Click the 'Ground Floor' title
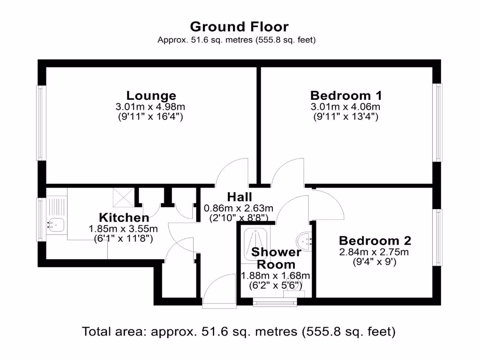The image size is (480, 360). click(239, 26)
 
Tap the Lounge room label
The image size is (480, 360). click(151, 96)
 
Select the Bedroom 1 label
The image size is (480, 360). click(346, 96)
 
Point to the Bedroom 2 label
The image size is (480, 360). click(375, 241)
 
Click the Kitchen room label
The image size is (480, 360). click(124, 218)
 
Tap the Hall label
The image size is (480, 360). click(240, 197)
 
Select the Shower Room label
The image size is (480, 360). click(276, 258)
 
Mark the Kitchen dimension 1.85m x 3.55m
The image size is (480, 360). click(123, 229)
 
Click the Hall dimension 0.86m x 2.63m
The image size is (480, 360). click(238, 208)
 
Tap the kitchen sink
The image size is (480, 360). click(56, 224)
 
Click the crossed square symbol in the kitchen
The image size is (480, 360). click(123, 197)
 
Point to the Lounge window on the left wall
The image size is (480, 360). click(41, 123)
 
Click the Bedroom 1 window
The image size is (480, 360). click(438, 123)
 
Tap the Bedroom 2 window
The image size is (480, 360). click(438, 238)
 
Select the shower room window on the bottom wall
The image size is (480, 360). click(275, 302)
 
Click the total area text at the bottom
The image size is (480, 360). click(239, 332)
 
